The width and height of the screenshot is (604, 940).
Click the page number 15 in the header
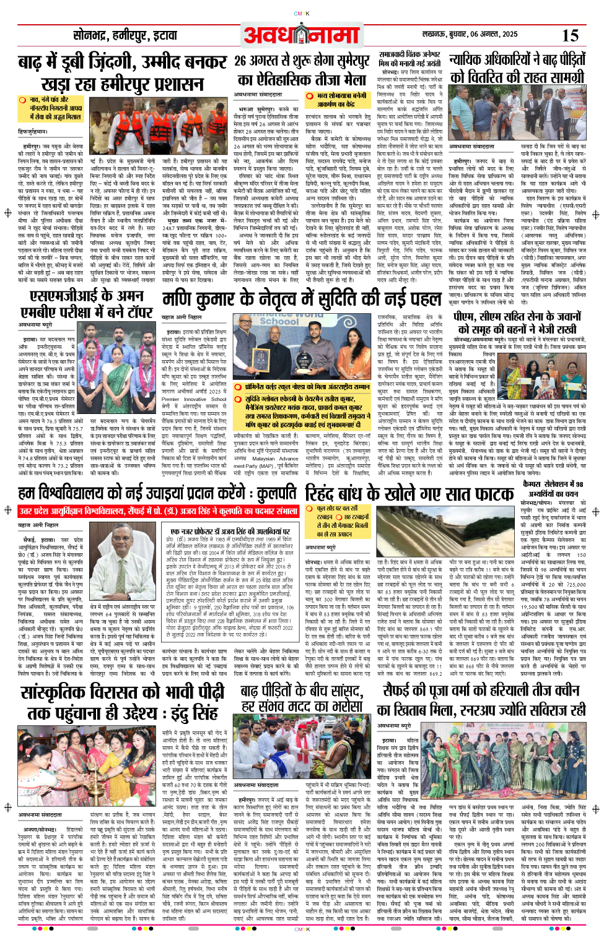[570, 35]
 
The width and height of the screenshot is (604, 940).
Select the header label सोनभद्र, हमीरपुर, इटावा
[125, 36]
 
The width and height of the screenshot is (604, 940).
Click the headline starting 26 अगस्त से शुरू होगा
[302, 70]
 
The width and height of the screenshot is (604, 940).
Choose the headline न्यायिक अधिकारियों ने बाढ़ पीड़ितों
[517, 68]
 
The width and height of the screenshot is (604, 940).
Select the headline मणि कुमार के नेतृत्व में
[302, 300]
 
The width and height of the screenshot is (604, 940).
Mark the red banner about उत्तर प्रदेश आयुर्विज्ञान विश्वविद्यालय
[159, 511]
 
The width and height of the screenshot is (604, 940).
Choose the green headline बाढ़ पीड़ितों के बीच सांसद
[302, 698]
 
